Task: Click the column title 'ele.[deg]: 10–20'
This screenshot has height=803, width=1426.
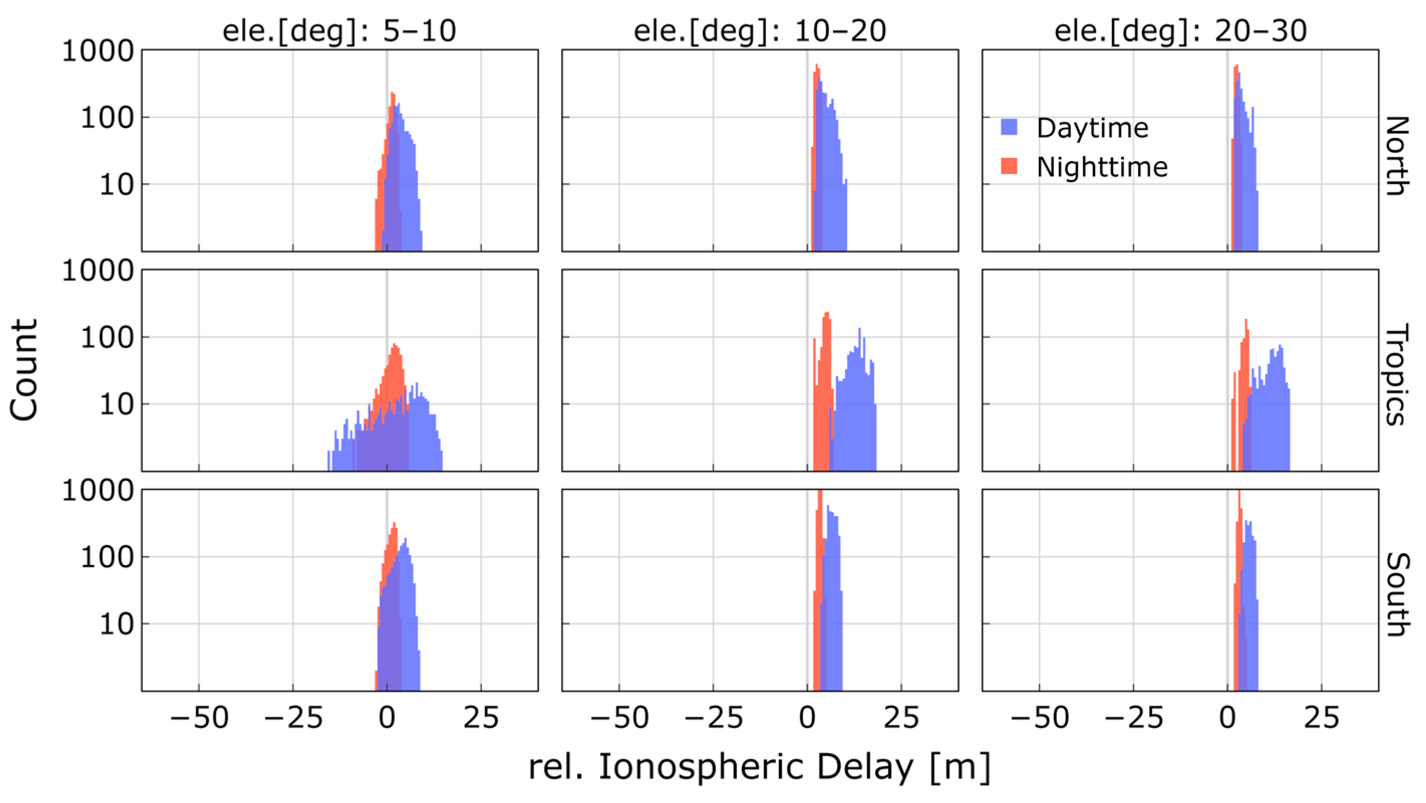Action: pyautogui.click(x=759, y=31)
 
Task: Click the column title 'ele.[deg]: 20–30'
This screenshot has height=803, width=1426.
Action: pyautogui.click(x=1180, y=31)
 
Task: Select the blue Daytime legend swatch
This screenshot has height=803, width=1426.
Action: pyautogui.click(x=1009, y=127)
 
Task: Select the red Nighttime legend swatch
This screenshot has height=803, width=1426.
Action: pyautogui.click(x=1009, y=166)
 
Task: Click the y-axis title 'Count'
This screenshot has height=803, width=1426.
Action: pyautogui.click(x=25, y=370)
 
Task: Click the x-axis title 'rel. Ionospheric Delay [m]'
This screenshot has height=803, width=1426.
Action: pyautogui.click(x=759, y=767)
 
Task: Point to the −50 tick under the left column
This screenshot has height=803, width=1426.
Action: pyautogui.click(x=199, y=718)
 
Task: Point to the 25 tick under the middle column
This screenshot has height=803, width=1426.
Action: pyautogui.click(x=901, y=718)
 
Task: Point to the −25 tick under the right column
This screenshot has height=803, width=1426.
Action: pyautogui.click(x=1134, y=718)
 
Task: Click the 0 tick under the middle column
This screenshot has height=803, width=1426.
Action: pyautogui.click(x=807, y=718)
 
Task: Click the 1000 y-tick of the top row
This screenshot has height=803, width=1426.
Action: pyautogui.click(x=98, y=51)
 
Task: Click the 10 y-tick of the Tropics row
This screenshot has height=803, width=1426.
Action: pyautogui.click(x=116, y=405)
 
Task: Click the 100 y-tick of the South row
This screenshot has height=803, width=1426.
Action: pyautogui.click(x=107, y=557)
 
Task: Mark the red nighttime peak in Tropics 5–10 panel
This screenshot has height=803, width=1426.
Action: pyautogui.click(x=395, y=346)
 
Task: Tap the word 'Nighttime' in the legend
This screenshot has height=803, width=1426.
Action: pyautogui.click(x=1101, y=167)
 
